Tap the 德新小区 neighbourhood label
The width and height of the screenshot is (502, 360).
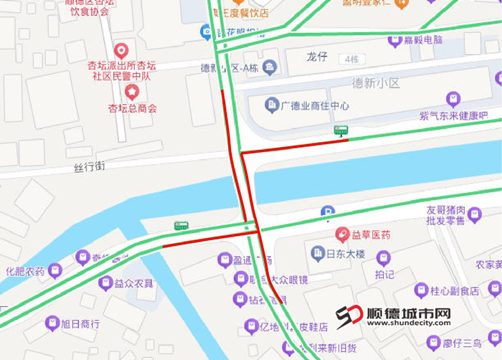(376, 83)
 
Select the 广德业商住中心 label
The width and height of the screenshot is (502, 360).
(315, 106)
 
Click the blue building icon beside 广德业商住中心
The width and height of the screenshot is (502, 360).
(272, 105)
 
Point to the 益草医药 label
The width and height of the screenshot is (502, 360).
(374, 235)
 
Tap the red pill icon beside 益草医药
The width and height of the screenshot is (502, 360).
(344, 235)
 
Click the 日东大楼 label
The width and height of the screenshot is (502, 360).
(346, 254)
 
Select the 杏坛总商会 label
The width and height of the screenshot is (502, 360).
(132, 109)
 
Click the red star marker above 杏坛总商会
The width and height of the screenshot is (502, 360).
(132, 91)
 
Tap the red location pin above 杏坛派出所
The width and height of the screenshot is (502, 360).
(121, 50)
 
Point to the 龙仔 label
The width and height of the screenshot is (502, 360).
(316, 57)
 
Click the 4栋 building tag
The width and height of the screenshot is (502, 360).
(351, 59)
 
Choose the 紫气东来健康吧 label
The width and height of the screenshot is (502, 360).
(453, 115)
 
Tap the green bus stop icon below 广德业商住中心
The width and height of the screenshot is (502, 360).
(341, 131)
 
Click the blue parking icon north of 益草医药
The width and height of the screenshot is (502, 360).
(328, 212)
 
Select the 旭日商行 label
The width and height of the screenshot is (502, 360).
(80, 323)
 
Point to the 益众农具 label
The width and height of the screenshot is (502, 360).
(134, 283)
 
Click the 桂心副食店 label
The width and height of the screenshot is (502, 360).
(454, 290)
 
